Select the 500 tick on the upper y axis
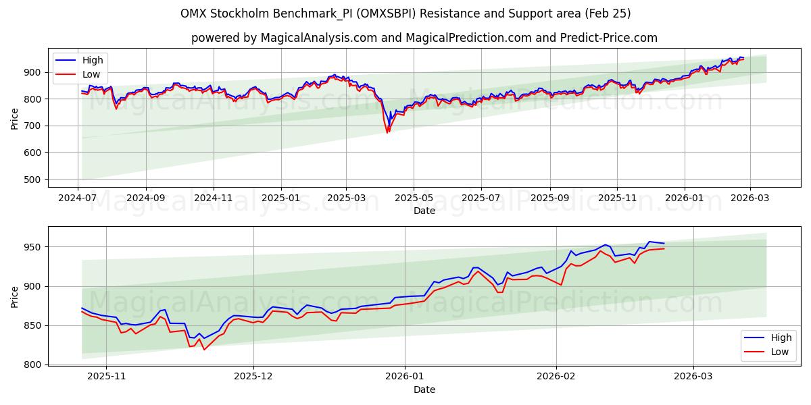(x=32, y=180)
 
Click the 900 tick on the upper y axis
(x=32, y=72)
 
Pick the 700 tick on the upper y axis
(x=32, y=126)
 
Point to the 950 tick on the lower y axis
(x=32, y=247)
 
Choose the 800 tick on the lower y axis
(x=32, y=365)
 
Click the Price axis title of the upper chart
(x=15, y=118)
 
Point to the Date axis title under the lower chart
(x=424, y=390)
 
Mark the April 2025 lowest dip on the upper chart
(x=387, y=132)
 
